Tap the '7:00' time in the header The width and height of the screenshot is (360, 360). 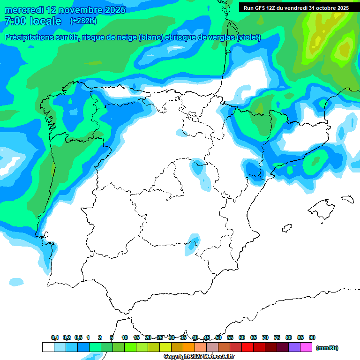[14, 22]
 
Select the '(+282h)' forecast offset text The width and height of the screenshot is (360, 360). [83, 21]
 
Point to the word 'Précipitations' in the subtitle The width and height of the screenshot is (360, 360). [29, 37]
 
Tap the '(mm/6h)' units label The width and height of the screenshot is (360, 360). [327, 348]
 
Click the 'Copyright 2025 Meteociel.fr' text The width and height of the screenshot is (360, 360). [199, 357]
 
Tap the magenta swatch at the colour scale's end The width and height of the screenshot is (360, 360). [306, 347]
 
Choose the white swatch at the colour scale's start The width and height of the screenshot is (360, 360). [48, 347]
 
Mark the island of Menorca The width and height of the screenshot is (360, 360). [347, 199]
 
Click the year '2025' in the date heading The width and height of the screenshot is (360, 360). [113, 10]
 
